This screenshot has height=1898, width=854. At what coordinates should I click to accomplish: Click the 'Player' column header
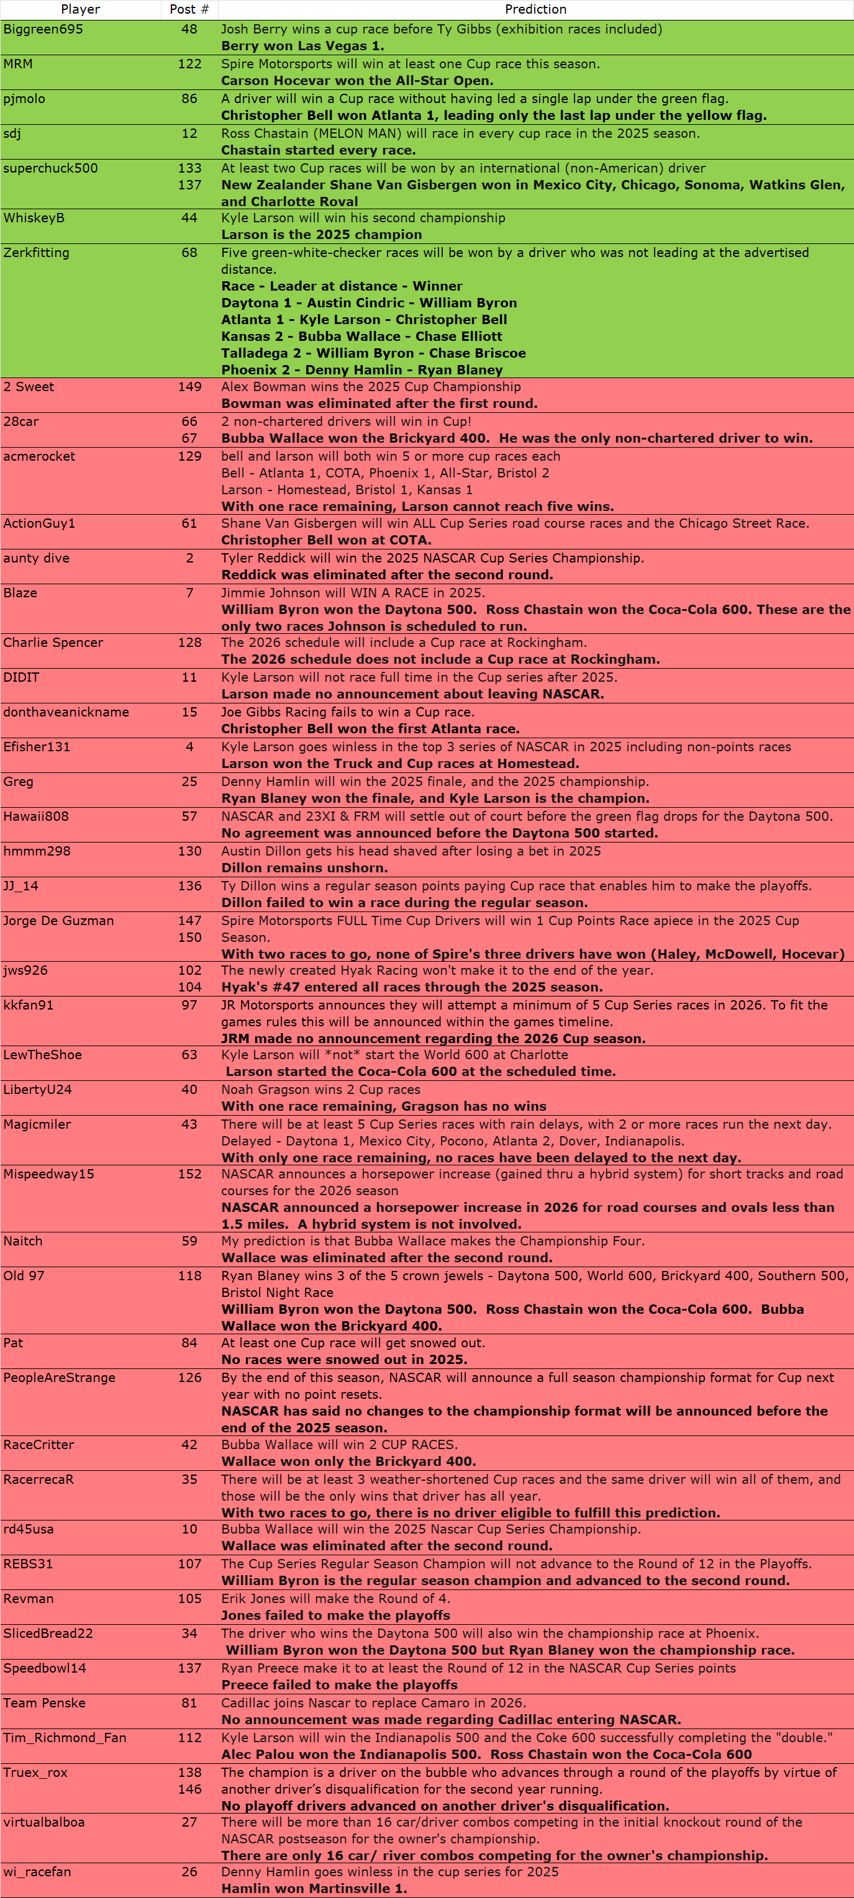(80, 9)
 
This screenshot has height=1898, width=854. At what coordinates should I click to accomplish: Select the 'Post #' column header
(189, 9)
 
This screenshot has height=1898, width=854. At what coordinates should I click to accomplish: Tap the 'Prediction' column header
(535, 9)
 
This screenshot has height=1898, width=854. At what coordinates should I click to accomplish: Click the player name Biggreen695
(43, 29)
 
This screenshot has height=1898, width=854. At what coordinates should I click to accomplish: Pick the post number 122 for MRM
(189, 64)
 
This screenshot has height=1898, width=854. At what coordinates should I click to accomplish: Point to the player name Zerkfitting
(36, 253)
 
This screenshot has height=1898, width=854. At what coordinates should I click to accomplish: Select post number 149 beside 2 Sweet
(189, 387)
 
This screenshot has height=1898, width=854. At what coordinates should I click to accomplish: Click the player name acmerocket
(39, 457)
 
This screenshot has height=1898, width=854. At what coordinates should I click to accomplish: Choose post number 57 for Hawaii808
(189, 816)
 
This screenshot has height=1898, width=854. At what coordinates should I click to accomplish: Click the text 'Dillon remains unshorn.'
(304, 868)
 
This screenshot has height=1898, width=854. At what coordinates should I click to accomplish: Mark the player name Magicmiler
(37, 1124)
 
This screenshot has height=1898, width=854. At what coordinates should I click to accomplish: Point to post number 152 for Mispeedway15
(189, 1173)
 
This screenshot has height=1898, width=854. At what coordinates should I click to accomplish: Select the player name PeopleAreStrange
(59, 1378)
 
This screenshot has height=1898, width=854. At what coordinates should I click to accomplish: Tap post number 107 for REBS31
(189, 1563)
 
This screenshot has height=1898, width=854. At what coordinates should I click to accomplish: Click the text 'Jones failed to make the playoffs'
(335, 1615)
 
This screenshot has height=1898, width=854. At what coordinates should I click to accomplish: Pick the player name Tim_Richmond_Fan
(65, 1737)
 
